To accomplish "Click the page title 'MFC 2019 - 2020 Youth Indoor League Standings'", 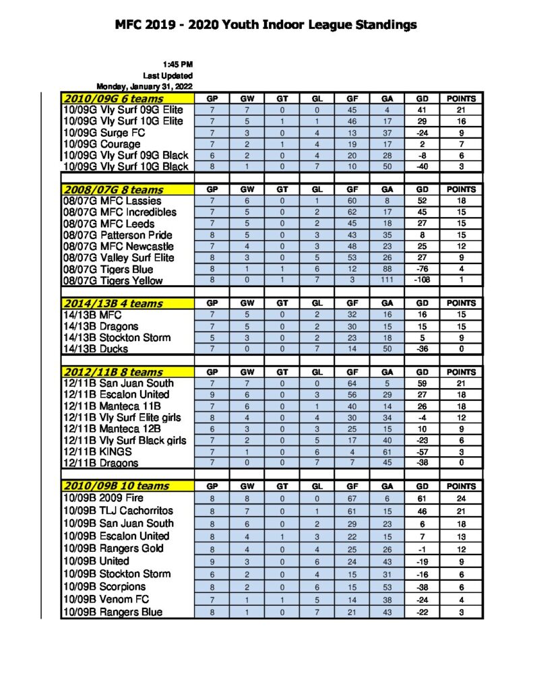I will pos(266,26).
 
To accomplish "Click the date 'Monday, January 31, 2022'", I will pos(145,86).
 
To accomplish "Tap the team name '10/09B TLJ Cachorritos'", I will pos(118,511).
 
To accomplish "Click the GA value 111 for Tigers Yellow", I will pos(387,280).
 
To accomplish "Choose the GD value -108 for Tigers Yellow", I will pos(424,280).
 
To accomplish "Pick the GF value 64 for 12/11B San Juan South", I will pos(352,383).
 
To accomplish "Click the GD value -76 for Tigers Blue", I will pos(424,269).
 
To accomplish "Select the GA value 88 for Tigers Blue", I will pos(387,269).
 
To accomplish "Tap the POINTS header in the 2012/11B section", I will pos(461,372).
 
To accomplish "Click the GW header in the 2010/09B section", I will pos(247,486).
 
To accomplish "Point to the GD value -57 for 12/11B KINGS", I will pos(424,451).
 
